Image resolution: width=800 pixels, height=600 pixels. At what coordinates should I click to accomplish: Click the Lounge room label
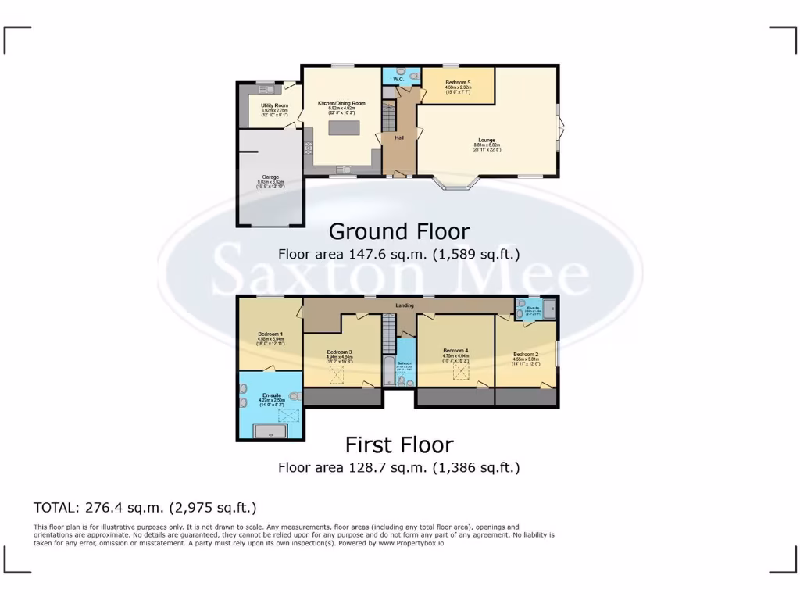point(486,141)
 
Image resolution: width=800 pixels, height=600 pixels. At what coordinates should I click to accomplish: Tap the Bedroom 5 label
point(458,82)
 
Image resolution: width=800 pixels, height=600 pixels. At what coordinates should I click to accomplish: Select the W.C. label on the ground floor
point(398,80)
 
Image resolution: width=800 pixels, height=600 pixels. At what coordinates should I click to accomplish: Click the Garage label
point(270,177)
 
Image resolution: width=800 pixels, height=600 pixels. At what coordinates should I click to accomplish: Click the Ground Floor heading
point(399,232)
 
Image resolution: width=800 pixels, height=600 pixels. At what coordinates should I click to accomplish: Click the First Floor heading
point(399,445)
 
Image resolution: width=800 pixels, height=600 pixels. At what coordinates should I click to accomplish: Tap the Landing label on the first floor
point(405,305)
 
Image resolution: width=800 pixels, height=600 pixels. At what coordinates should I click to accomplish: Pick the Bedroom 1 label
point(270,334)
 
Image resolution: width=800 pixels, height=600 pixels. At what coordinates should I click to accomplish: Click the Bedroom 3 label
point(339,352)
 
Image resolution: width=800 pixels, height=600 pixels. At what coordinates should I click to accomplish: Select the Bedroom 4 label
point(455,350)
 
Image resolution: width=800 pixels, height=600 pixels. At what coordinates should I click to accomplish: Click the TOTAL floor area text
point(145,508)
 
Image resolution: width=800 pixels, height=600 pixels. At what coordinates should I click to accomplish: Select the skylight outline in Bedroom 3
point(338,376)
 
